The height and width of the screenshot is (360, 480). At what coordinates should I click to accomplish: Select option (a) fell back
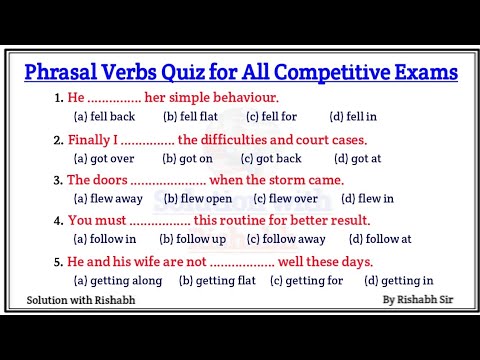click(104, 116)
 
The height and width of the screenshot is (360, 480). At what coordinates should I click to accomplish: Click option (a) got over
click(105, 158)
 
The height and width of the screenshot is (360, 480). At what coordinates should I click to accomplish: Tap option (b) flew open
click(198, 198)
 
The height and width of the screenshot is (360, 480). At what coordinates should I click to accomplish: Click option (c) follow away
click(286, 239)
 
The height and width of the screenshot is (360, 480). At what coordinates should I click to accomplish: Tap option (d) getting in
click(399, 281)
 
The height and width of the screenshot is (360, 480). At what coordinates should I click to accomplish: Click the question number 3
click(58, 180)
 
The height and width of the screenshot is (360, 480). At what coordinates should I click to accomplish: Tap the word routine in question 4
click(246, 220)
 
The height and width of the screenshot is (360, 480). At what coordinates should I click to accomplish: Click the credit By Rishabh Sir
click(417, 299)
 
